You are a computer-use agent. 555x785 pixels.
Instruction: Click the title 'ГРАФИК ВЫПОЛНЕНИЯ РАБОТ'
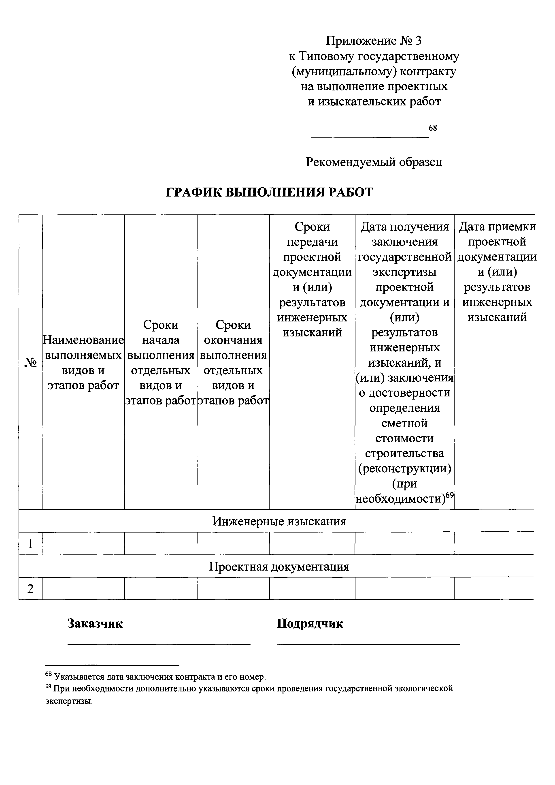[x=269, y=193]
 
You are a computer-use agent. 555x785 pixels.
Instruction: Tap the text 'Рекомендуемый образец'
[x=374, y=162]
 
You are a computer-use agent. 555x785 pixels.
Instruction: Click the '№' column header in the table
[x=30, y=362]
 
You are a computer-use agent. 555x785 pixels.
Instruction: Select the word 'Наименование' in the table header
[x=83, y=340]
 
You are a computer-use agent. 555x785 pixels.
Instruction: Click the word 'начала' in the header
[x=161, y=340]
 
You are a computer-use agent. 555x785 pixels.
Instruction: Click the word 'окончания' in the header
[x=233, y=340]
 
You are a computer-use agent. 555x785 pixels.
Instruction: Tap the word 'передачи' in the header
[x=312, y=242]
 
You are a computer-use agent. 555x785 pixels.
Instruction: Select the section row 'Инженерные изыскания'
[x=279, y=521]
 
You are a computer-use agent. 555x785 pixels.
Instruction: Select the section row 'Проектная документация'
[x=279, y=567]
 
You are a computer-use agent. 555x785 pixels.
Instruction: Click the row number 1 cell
[x=30, y=544]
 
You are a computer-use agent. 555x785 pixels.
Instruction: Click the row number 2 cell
[x=30, y=589]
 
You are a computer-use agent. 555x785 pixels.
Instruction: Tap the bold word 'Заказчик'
[x=95, y=623]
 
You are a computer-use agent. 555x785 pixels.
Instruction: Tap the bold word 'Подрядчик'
[x=310, y=623]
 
